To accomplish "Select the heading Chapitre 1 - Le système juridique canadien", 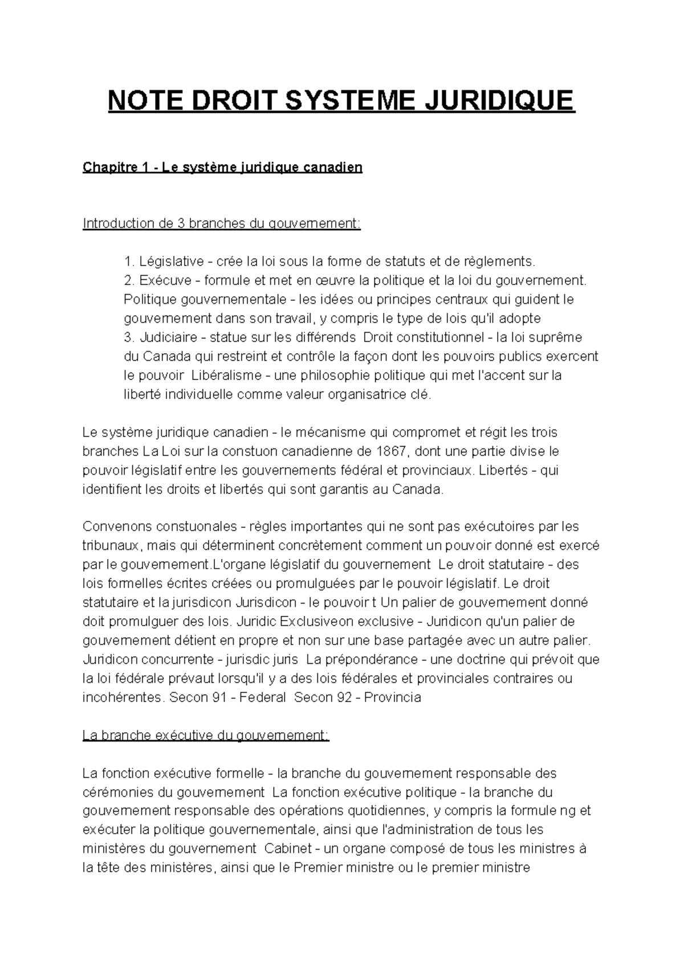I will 222,168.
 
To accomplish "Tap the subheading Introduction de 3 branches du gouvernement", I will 222,223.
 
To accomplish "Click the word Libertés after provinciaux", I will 502,471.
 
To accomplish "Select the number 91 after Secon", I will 219,697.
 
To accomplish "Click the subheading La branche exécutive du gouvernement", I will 206,736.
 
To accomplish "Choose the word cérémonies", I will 119,792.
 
